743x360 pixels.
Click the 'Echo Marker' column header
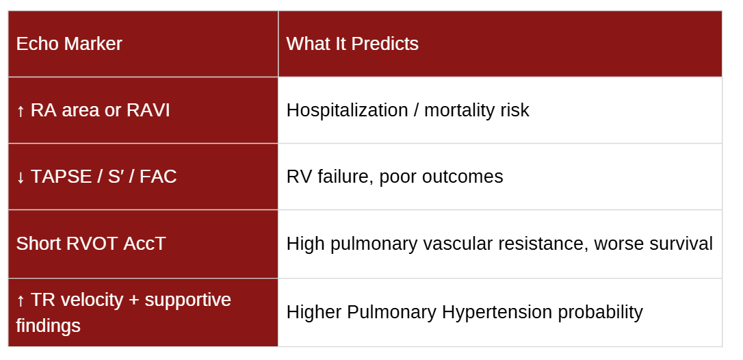pos(69,44)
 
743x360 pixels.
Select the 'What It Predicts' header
pos(352,44)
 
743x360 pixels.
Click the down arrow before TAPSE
pos(21,177)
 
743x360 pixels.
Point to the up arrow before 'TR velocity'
pos(21,300)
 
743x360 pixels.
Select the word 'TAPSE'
pos(61,177)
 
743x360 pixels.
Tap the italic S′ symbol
pos(116,177)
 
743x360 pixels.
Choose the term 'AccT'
pos(144,244)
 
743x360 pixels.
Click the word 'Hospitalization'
pos(348,110)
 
